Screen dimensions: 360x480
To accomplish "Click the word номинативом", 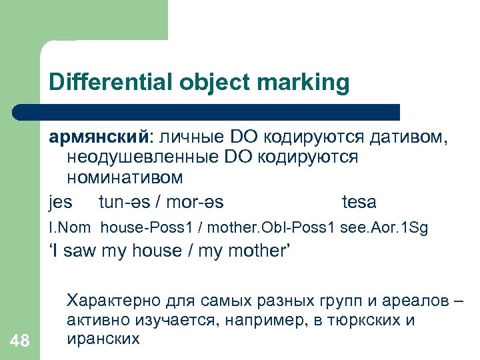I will [123, 178].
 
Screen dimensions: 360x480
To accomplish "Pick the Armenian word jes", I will [60, 201].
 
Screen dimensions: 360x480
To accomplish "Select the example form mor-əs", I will [195, 201].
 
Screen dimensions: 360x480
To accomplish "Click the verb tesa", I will [359, 201].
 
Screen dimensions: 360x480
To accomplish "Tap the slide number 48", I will [20, 341].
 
